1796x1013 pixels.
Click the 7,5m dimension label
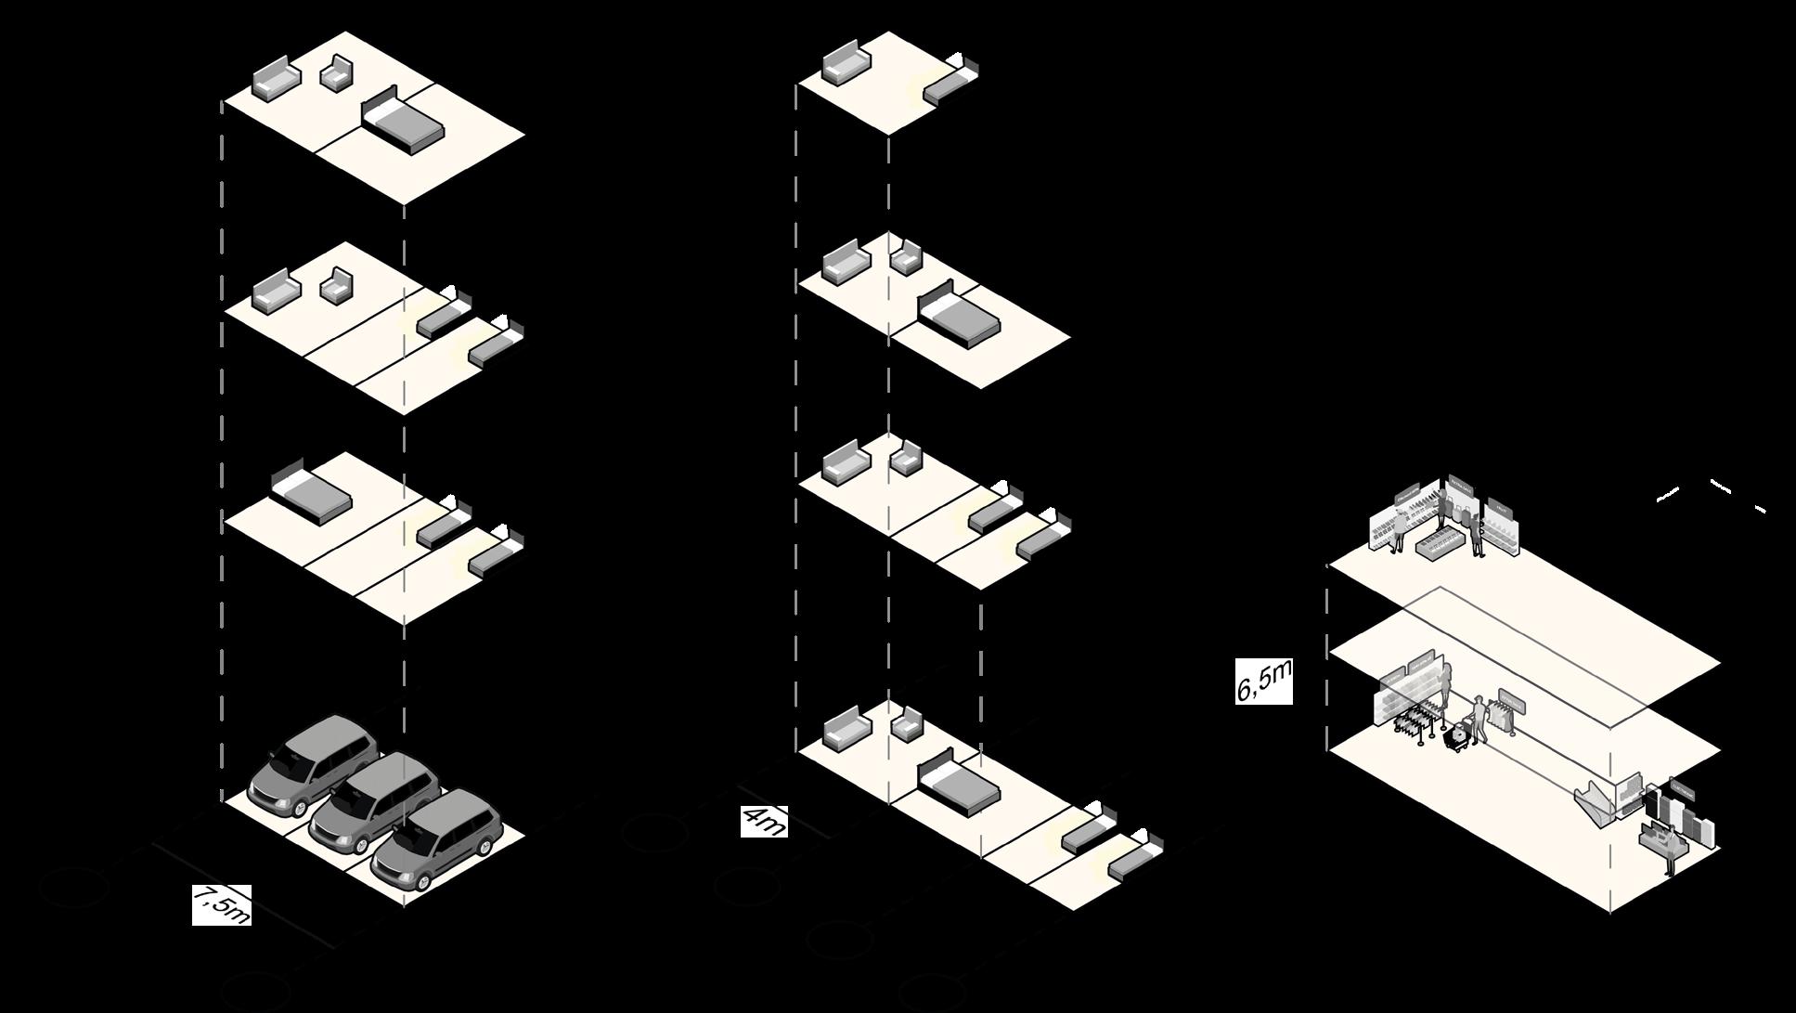(222, 904)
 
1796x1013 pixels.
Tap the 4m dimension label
(764, 822)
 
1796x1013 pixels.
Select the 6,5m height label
(1263, 682)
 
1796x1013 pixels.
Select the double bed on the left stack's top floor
(402, 118)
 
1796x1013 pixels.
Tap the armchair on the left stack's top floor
(337, 72)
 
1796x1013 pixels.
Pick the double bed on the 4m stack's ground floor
(958, 784)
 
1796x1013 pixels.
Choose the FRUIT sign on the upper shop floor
(1500, 509)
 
